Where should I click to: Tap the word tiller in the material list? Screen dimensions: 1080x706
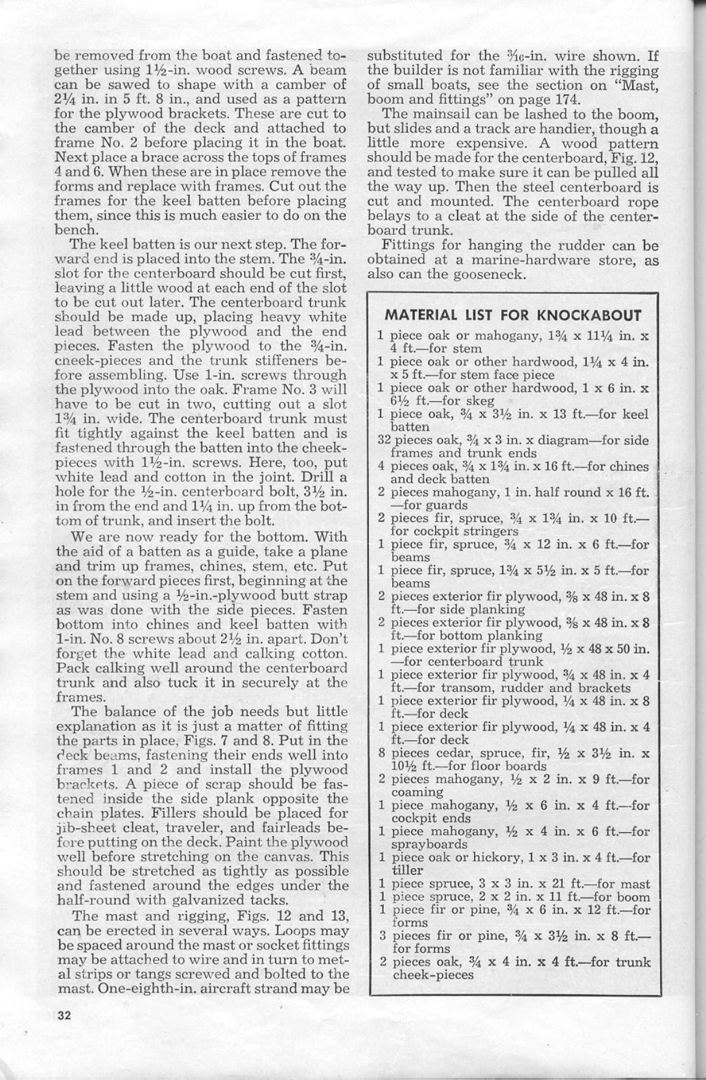[x=407, y=870]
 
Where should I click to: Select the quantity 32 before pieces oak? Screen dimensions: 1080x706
[x=383, y=440]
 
